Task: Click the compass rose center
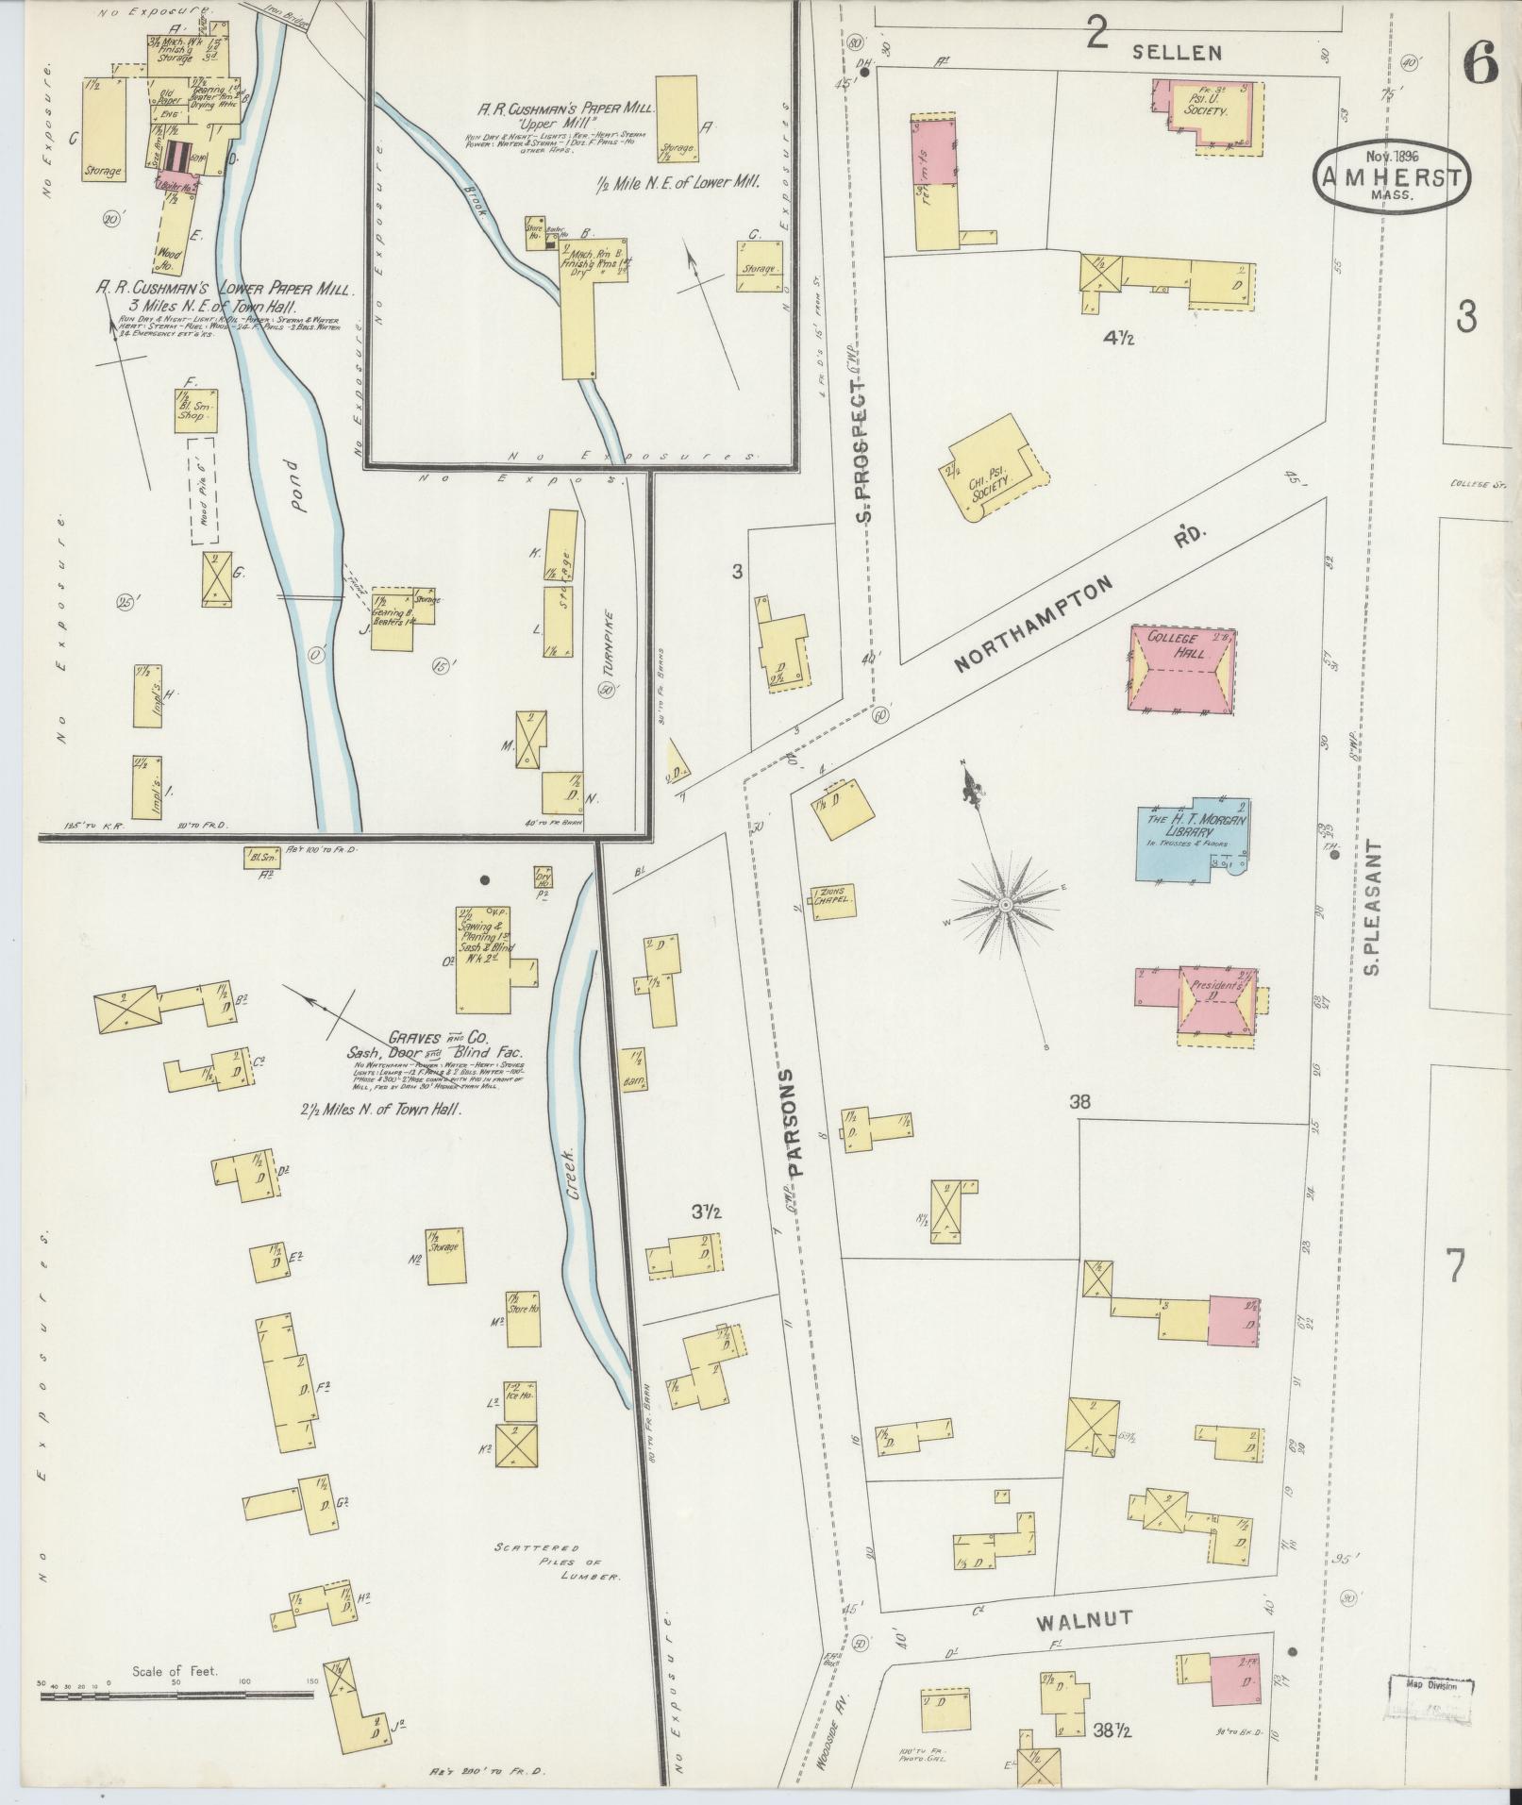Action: click(x=1006, y=905)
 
